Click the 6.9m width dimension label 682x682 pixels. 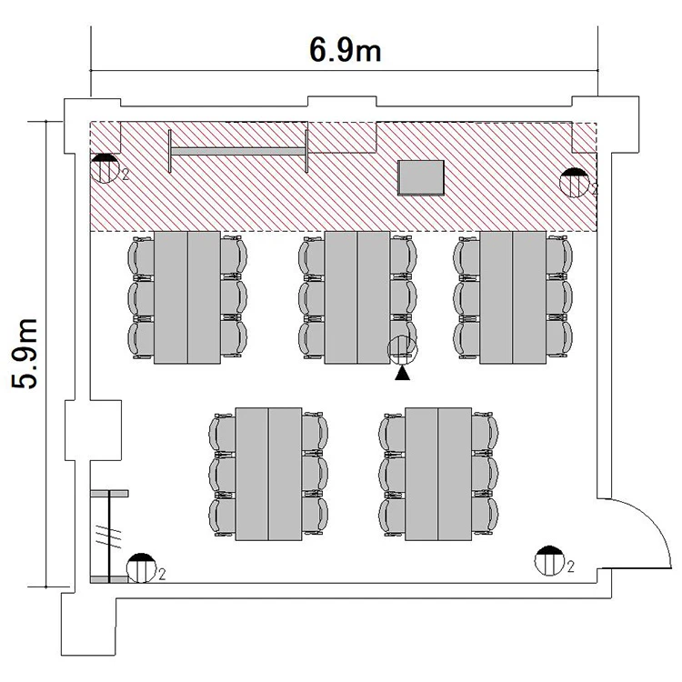(x=346, y=50)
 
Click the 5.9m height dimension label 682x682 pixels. (x=25, y=354)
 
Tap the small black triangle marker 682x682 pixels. (x=402, y=373)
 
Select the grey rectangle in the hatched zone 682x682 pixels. (x=421, y=177)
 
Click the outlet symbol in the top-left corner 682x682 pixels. (x=105, y=168)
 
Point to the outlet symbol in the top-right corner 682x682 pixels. (x=574, y=183)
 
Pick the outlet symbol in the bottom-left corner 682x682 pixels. (x=141, y=568)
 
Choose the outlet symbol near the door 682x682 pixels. (x=549, y=561)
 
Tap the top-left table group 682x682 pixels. (x=187, y=297)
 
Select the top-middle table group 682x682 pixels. (x=357, y=297)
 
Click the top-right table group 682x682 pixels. (x=513, y=297)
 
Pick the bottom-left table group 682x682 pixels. (x=268, y=474)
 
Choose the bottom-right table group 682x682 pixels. (x=438, y=474)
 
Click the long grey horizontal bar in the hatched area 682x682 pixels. (x=238, y=151)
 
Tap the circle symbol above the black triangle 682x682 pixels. (x=402, y=349)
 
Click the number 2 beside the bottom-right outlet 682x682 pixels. (x=571, y=567)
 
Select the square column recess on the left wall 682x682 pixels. (x=93, y=430)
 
